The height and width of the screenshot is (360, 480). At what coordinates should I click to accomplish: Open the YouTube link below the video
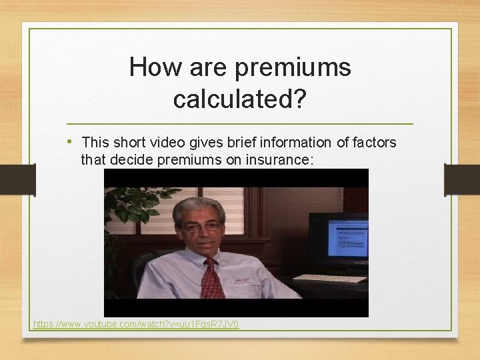(x=136, y=325)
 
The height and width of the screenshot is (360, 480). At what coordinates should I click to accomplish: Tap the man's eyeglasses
(x=201, y=227)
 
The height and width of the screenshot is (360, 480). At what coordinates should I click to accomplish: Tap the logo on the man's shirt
(x=242, y=281)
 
